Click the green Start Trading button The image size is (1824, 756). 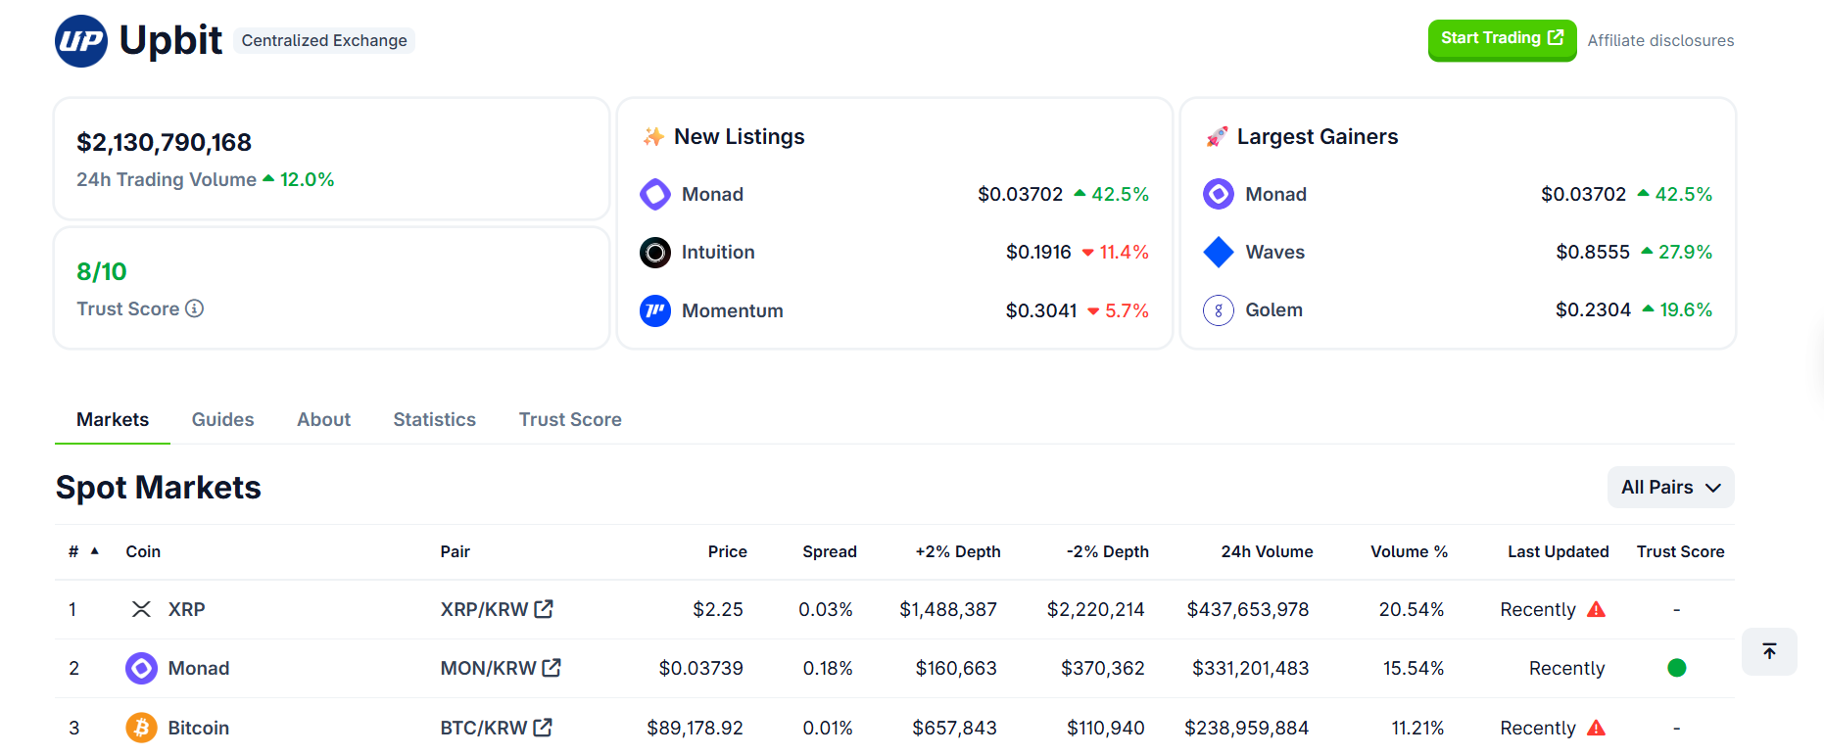(x=1501, y=39)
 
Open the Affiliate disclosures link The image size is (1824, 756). (x=1660, y=40)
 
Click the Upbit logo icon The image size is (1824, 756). (x=81, y=41)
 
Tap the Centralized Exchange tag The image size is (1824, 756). (x=324, y=40)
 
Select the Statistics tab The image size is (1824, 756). (x=434, y=419)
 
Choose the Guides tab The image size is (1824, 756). (x=222, y=419)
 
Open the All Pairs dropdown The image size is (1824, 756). (x=1670, y=487)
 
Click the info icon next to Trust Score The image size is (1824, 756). (x=195, y=308)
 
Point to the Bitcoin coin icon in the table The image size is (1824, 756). (x=141, y=728)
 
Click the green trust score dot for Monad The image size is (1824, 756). (x=1676, y=668)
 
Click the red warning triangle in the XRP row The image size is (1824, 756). (x=1596, y=609)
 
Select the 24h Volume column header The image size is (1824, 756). (x=1266, y=551)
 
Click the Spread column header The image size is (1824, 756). (x=829, y=551)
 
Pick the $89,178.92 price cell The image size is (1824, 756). (x=695, y=728)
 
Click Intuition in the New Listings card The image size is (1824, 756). (x=717, y=252)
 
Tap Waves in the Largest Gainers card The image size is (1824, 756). (x=1273, y=252)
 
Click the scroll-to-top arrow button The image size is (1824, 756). (x=1769, y=651)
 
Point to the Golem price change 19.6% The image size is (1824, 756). (x=1685, y=309)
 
